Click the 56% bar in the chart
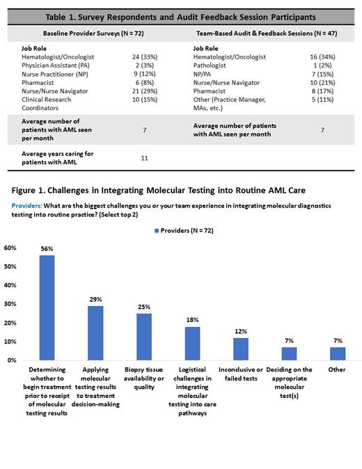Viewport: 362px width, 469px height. (x=47, y=307)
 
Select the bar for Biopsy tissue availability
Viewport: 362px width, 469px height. (x=143, y=337)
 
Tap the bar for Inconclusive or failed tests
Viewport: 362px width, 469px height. (x=239, y=348)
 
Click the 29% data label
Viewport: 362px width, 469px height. (x=95, y=298)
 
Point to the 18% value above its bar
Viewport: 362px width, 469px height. (x=191, y=319)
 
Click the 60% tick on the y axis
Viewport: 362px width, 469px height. (x=10, y=248)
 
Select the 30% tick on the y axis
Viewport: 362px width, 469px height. (x=10, y=305)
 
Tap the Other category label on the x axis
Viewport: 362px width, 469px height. (x=336, y=369)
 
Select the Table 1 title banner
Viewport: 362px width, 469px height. (x=180, y=16)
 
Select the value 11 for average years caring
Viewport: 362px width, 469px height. (x=145, y=158)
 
